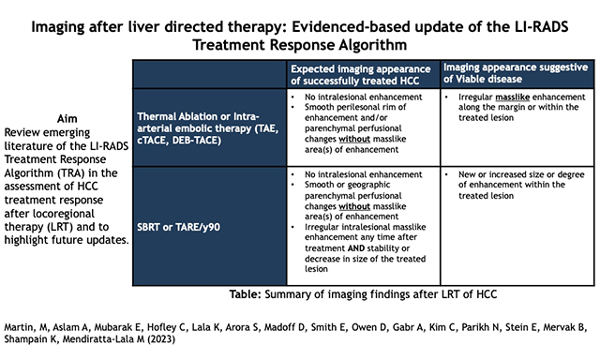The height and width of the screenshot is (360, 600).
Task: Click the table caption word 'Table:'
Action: pos(247,295)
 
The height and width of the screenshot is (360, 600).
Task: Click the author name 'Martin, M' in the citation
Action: pos(31,327)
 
